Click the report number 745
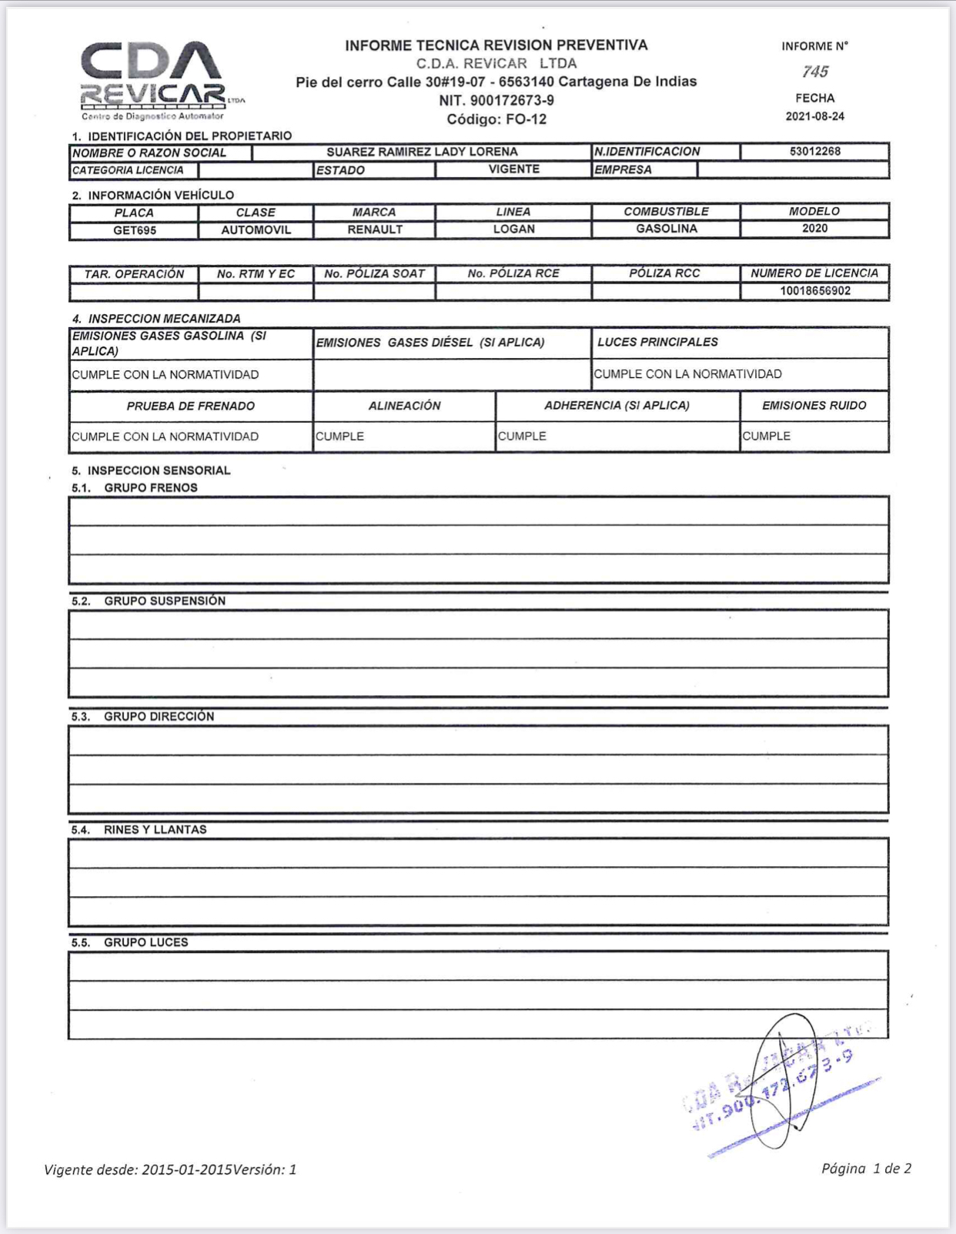click(814, 72)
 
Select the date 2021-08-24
click(814, 116)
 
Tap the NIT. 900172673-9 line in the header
click(496, 100)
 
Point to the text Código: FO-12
click(496, 119)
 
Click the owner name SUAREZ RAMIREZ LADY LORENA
click(422, 152)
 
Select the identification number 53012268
click(814, 151)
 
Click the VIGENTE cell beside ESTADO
click(513, 169)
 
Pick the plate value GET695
click(135, 230)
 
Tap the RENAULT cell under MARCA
click(375, 229)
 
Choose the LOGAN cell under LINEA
click(513, 229)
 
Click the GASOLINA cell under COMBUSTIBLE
click(666, 229)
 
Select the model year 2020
click(814, 229)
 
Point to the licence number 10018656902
click(814, 291)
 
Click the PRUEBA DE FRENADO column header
click(190, 406)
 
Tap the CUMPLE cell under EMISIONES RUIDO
click(767, 436)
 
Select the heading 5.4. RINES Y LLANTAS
click(139, 829)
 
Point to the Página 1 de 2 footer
click(866, 1168)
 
